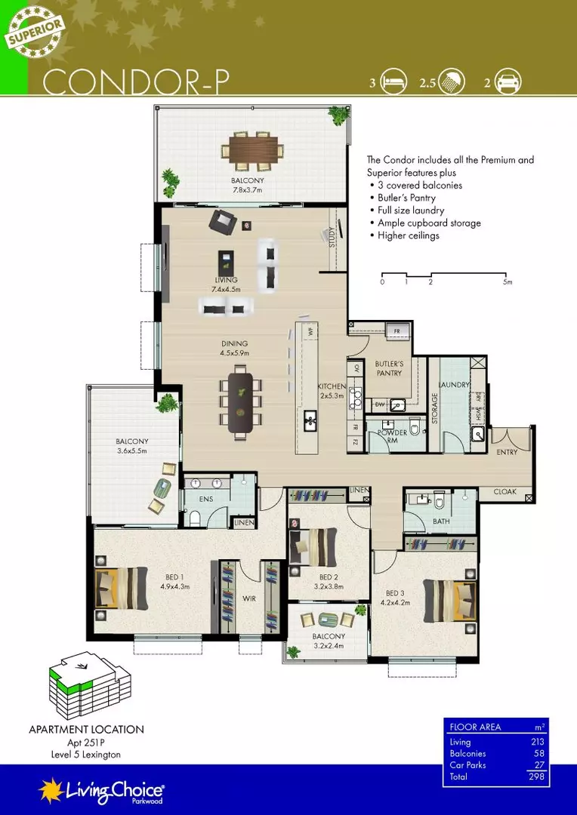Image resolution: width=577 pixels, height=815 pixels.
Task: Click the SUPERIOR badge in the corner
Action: click(x=36, y=31)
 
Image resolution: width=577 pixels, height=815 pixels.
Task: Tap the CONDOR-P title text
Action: click(x=137, y=82)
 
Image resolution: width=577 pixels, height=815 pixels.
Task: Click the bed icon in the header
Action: click(x=393, y=84)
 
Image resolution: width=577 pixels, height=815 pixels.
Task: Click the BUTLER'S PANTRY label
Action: click(x=389, y=368)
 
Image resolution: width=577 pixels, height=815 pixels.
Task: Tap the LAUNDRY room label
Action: click(x=455, y=385)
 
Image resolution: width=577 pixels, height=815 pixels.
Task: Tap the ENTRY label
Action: click(x=508, y=452)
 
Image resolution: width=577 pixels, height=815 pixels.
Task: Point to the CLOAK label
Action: click(x=504, y=491)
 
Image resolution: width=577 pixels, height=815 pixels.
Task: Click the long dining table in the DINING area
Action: click(x=241, y=399)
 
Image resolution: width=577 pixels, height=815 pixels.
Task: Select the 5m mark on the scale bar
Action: click(x=508, y=282)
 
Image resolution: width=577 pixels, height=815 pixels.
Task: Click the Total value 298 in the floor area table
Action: click(x=537, y=776)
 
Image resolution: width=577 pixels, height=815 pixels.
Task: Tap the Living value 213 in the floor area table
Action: click(x=537, y=743)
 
